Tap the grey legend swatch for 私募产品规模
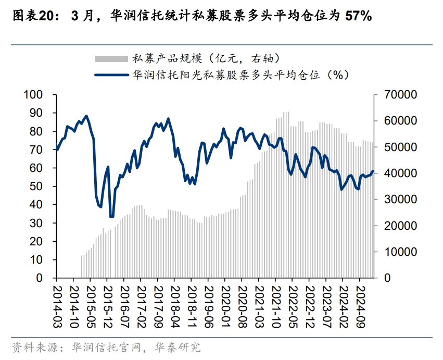click(x=111, y=57)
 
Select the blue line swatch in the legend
click(x=111, y=75)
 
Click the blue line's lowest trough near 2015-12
click(x=111, y=217)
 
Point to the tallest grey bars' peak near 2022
click(x=286, y=112)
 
